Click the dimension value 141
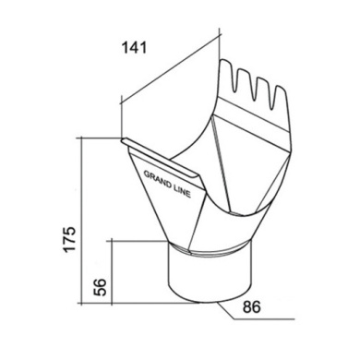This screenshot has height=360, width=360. [x=135, y=48]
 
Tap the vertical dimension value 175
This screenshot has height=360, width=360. [x=69, y=239]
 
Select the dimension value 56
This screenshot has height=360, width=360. [x=101, y=287]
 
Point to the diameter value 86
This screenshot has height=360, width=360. [x=252, y=306]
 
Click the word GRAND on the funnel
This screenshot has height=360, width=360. [x=157, y=179]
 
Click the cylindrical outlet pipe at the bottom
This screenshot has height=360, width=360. [x=210, y=277]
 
